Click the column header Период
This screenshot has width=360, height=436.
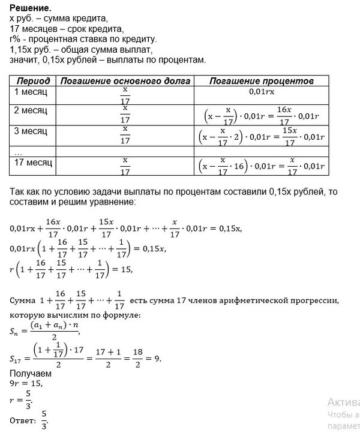(34, 80)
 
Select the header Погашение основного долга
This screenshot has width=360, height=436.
(125, 80)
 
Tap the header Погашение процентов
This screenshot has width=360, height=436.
(262, 80)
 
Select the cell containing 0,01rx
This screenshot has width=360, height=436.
(262, 93)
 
